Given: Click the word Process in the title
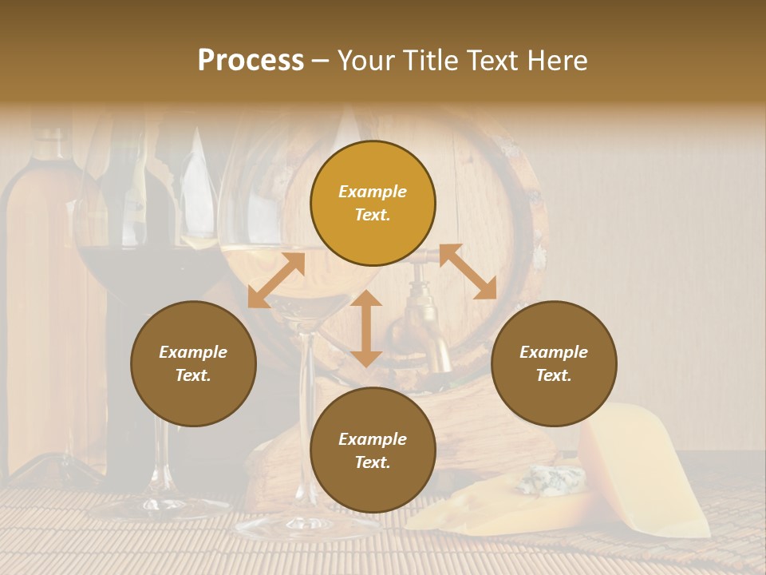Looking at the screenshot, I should (x=251, y=61).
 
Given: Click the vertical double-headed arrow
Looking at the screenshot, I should (x=366, y=328).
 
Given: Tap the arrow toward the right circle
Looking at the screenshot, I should (x=468, y=272).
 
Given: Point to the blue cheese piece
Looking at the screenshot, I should (x=551, y=480).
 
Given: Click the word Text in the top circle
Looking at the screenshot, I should (x=373, y=215).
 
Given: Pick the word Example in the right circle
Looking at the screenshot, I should (x=554, y=352).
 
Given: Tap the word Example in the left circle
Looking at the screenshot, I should (x=193, y=352).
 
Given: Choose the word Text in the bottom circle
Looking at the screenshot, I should (x=373, y=462).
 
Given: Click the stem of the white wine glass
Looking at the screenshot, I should (x=304, y=415).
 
